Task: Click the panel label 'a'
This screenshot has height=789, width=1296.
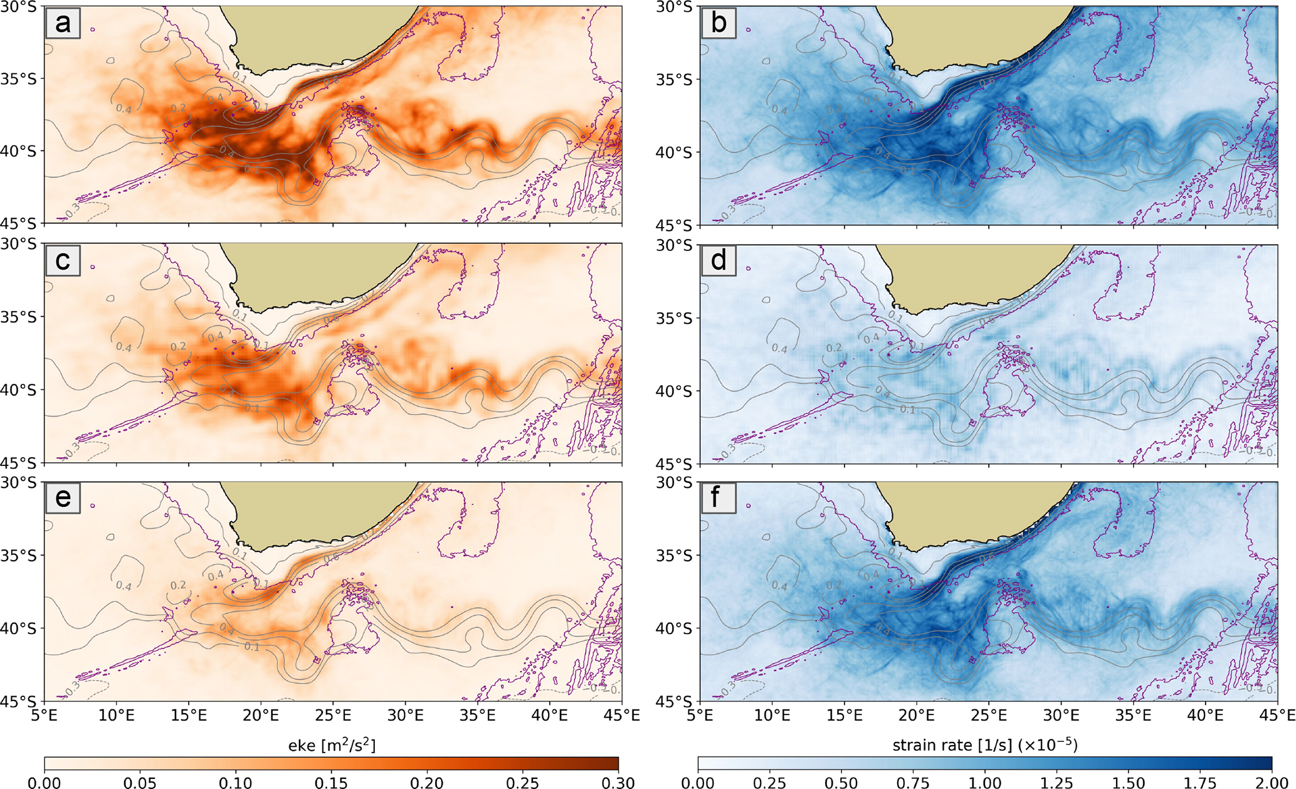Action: pyautogui.click(x=62, y=24)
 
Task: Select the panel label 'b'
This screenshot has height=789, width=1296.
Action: pyautogui.click(x=718, y=24)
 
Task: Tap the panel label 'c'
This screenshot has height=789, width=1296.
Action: pyautogui.click(x=62, y=260)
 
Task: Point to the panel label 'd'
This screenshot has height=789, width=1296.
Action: pyautogui.click(x=718, y=260)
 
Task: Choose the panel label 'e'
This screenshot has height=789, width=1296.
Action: pyautogui.click(x=62, y=498)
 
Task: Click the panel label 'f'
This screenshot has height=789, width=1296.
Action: pyautogui.click(x=718, y=498)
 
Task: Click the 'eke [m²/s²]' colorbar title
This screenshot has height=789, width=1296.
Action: pyautogui.click(x=332, y=745)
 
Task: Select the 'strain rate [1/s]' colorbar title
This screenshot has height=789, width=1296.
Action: pyautogui.click(x=984, y=745)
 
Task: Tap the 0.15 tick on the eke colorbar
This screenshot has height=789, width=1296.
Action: pyautogui.click(x=332, y=781)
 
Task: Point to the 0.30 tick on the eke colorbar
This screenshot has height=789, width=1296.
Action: pyautogui.click(x=618, y=781)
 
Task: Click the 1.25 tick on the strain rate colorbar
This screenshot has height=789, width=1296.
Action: pyautogui.click(x=1056, y=781)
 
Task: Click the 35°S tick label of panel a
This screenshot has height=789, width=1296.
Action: pyautogui.click(x=21, y=79)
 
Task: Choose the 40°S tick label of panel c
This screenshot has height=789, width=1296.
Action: pyautogui.click(x=21, y=390)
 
